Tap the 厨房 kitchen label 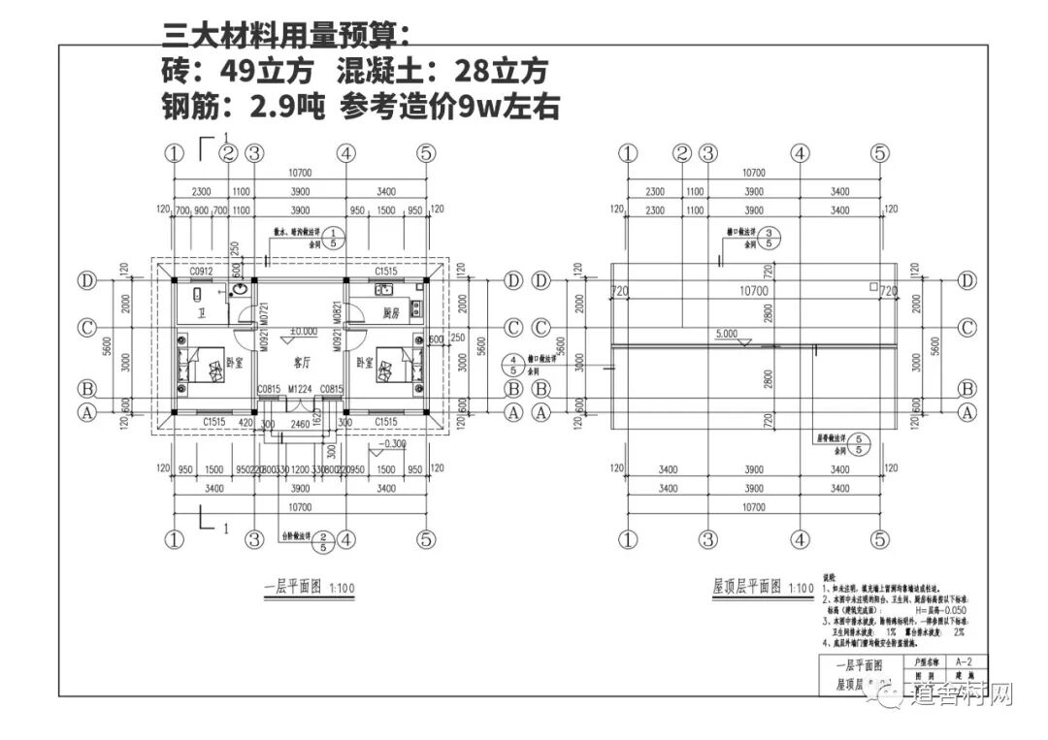[x=392, y=313]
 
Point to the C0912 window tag [x=202, y=273]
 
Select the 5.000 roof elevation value [x=727, y=334]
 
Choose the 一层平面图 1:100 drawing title [x=296, y=587]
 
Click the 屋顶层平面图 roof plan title [x=747, y=587]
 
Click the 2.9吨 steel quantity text [x=285, y=106]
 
